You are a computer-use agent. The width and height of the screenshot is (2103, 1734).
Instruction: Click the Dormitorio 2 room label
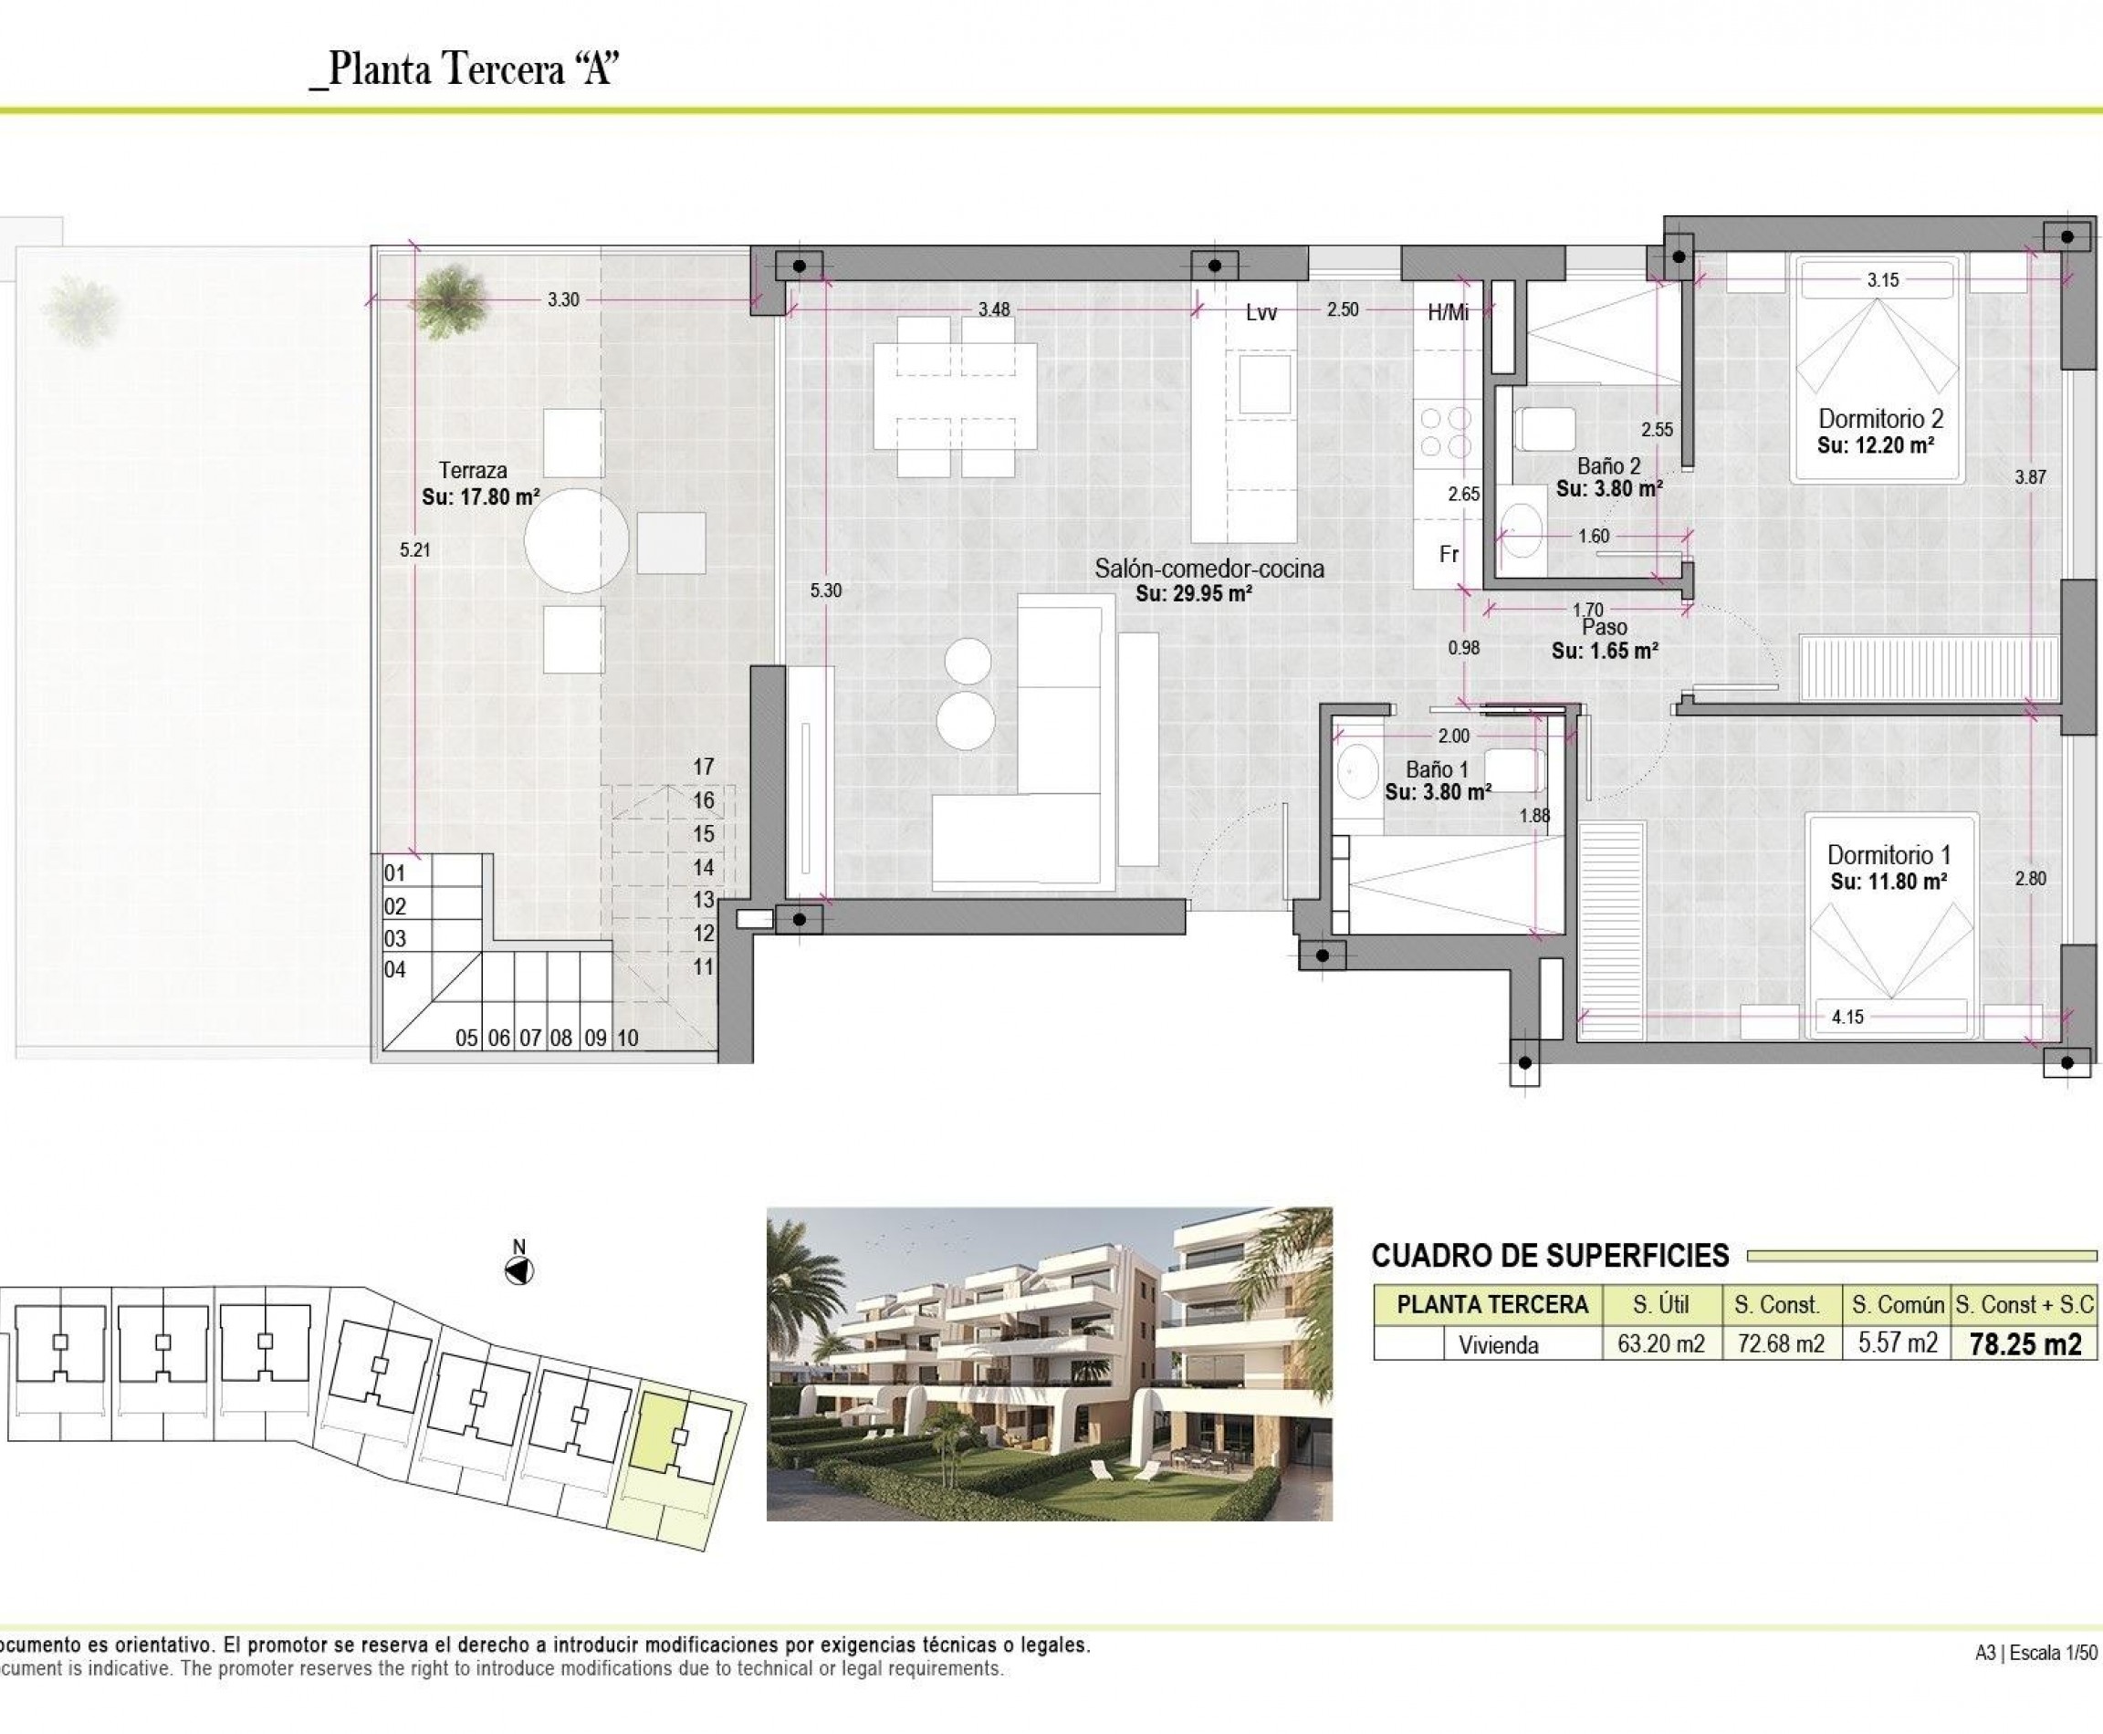click(x=1880, y=419)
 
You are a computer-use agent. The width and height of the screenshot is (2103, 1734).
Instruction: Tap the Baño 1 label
click(x=1437, y=769)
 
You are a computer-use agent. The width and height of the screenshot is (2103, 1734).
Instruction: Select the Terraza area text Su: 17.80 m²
click(x=480, y=496)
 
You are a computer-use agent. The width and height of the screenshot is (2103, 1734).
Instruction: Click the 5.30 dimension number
click(x=825, y=590)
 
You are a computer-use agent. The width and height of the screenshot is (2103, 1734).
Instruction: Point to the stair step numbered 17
click(x=704, y=766)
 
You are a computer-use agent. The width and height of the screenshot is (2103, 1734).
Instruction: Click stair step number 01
click(x=394, y=873)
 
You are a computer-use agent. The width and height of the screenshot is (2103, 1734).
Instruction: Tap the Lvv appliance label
click(x=1261, y=313)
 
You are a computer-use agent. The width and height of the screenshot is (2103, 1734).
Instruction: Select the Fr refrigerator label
click(x=1449, y=554)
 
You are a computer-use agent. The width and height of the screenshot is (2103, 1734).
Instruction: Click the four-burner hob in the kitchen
click(x=1446, y=432)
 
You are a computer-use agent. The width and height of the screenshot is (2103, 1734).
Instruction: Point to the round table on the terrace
click(x=577, y=540)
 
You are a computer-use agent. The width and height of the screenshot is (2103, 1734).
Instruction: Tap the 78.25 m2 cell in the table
click(x=2025, y=1344)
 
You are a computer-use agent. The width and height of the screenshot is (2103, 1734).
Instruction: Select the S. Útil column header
click(x=1660, y=1304)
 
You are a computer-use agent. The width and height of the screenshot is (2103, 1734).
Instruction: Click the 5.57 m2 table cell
click(x=1898, y=1343)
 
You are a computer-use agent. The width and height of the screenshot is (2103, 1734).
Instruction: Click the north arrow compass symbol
click(x=519, y=1270)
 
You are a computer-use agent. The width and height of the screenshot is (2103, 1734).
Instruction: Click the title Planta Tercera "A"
click(x=466, y=70)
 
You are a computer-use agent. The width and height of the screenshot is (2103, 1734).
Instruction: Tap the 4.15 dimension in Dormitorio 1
click(x=1847, y=1017)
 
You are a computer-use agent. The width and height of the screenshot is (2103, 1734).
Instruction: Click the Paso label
click(x=1605, y=627)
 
